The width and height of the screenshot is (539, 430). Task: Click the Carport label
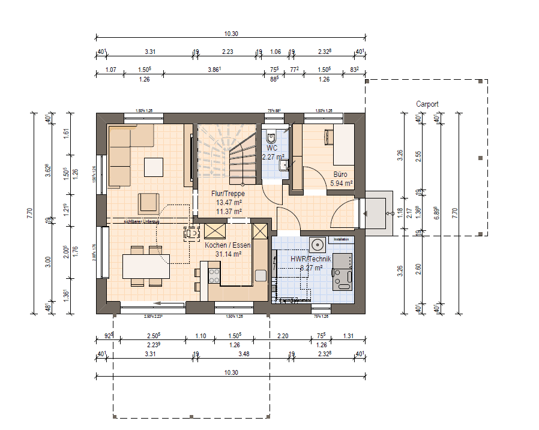click(x=427, y=104)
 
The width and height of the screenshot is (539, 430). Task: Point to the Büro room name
click(x=340, y=175)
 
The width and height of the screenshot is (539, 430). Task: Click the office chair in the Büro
click(x=328, y=136)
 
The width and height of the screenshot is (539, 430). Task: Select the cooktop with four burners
click(x=213, y=275)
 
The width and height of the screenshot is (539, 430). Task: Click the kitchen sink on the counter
click(x=260, y=275)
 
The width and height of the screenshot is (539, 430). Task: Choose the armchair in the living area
click(x=148, y=203)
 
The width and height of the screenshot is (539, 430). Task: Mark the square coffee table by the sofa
click(x=152, y=166)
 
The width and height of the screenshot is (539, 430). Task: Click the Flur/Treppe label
click(x=227, y=194)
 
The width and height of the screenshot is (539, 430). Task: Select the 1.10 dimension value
click(x=200, y=336)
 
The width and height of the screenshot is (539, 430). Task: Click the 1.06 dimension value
click(x=276, y=52)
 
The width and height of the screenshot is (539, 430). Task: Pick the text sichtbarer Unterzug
click(x=141, y=222)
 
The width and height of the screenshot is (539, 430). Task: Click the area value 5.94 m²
click(x=340, y=184)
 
